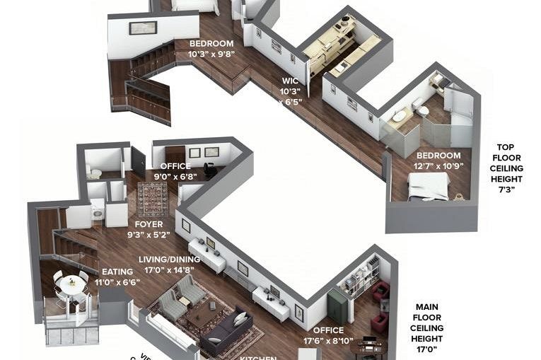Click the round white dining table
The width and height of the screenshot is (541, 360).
pyautogui.click(x=71, y=285)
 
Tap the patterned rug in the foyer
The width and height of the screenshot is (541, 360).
pyautogui.click(x=152, y=199)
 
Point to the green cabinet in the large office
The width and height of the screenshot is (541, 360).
pyautogui.click(x=337, y=306)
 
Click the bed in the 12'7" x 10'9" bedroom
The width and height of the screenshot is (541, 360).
pyautogui.click(x=429, y=186)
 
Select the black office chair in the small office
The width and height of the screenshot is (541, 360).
pyautogui.click(x=210, y=170)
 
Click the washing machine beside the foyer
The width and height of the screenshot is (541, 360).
pyautogui.click(x=98, y=210)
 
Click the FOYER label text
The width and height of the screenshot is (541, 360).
pyautogui.click(x=149, y=224)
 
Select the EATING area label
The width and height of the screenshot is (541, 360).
pyautogui.click(x=117, y=272)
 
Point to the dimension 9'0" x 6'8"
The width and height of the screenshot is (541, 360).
pyautogui.click(x=172, y=177)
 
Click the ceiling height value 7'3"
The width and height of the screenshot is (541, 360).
pyautogui.click(x=506, y=190)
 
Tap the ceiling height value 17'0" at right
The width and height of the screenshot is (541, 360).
pyautogui.click(x=427, y=349)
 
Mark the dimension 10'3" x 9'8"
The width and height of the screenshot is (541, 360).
pyautogui.click(x=211, y=53)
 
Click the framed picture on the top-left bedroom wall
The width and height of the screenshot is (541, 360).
pyautogui.click(x=143, y=28)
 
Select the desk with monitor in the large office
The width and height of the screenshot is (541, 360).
pyautogui.click(x=368, y=346)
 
